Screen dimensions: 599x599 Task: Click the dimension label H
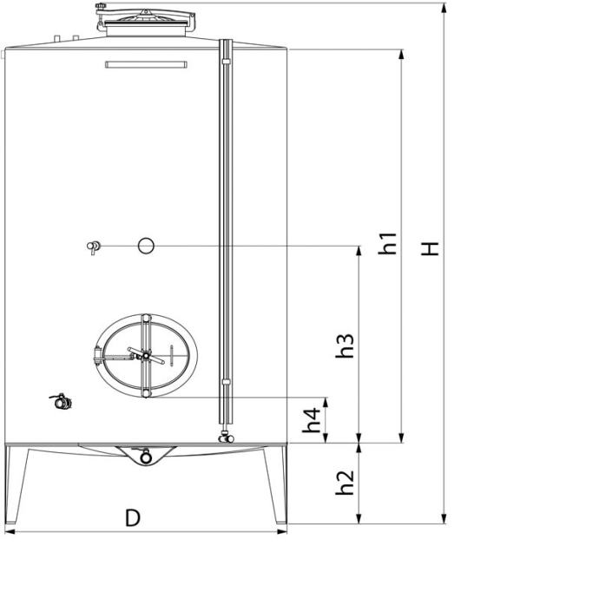coord(430,248)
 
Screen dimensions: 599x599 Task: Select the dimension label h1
coord(387,243)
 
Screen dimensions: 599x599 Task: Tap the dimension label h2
coord(345,483)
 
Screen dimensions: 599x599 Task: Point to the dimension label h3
coord(345,346)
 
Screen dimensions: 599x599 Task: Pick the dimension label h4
coord(312,420)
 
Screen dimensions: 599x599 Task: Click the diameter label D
coord(133,518)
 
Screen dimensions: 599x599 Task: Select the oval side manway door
coord(146,356)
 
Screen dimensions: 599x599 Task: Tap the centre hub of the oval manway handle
coord(146,356)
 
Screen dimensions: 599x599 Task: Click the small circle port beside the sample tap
coord(146,246)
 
